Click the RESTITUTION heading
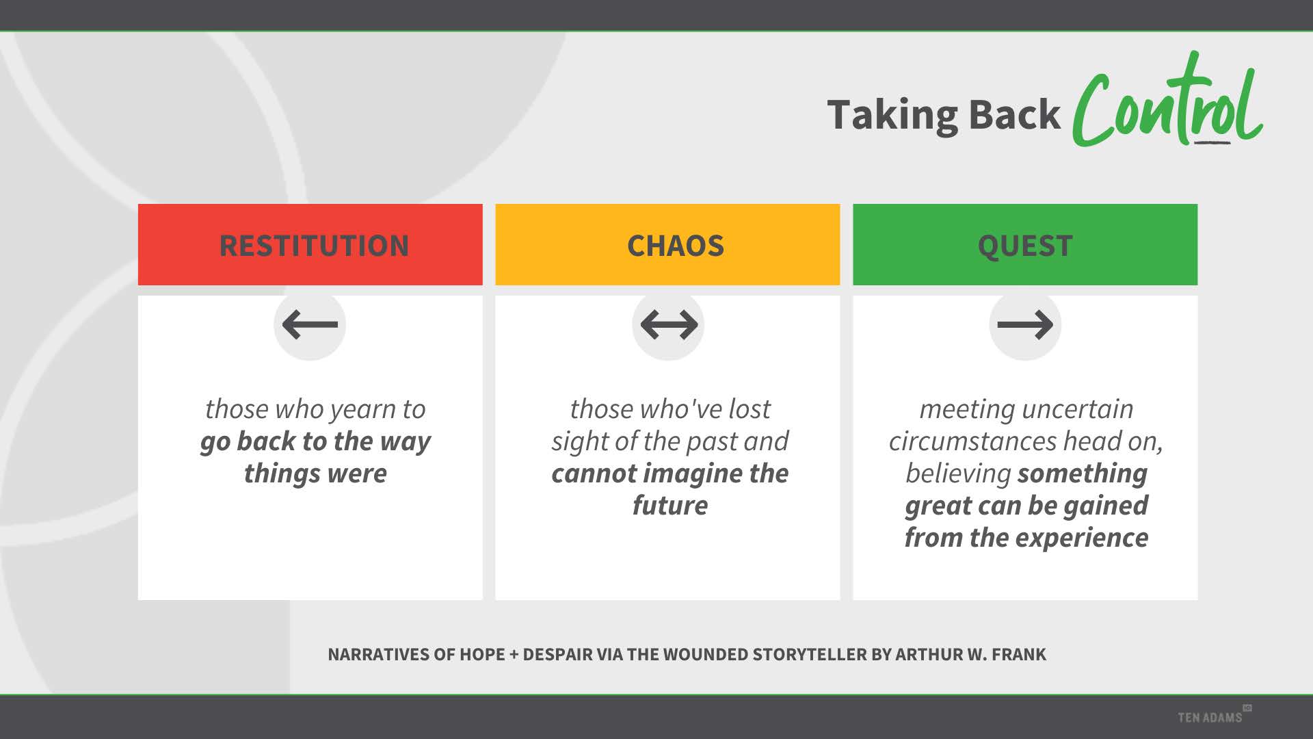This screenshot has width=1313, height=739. (314, 246)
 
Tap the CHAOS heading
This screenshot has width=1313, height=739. (675, 246)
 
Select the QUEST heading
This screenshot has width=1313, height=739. (1025, 246)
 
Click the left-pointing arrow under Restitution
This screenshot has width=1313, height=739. (310, 324)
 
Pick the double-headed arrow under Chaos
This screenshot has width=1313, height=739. (669, 324)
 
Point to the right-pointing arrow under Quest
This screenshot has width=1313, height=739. (1025, 324)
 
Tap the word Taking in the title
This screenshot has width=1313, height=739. (893, 115)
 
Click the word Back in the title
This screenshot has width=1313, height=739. (1015, 114)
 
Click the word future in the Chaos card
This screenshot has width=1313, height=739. (670, 505)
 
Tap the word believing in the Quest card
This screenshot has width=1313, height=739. (958, 474)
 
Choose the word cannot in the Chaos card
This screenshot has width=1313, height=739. (593, 474)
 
